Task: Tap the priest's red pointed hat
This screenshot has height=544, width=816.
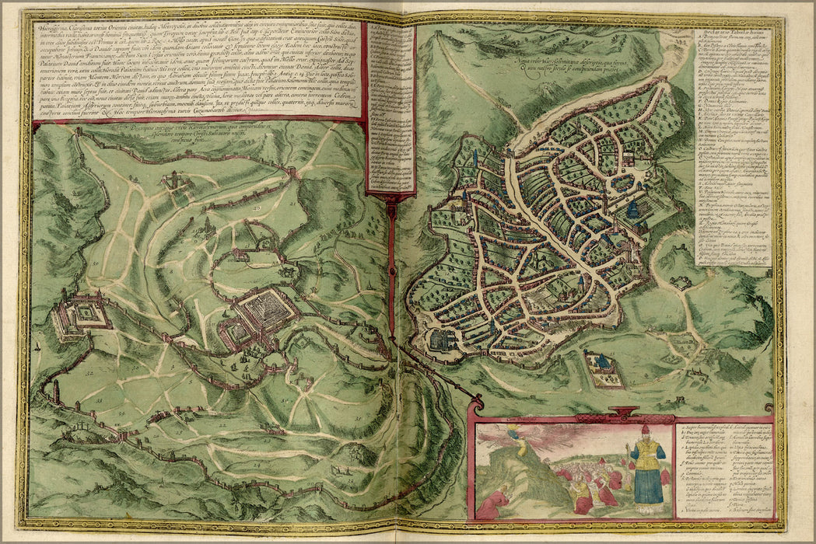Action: (645, 430)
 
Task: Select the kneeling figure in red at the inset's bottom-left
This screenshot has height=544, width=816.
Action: (490, 505)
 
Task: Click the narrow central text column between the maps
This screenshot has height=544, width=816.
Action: (389, 109)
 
